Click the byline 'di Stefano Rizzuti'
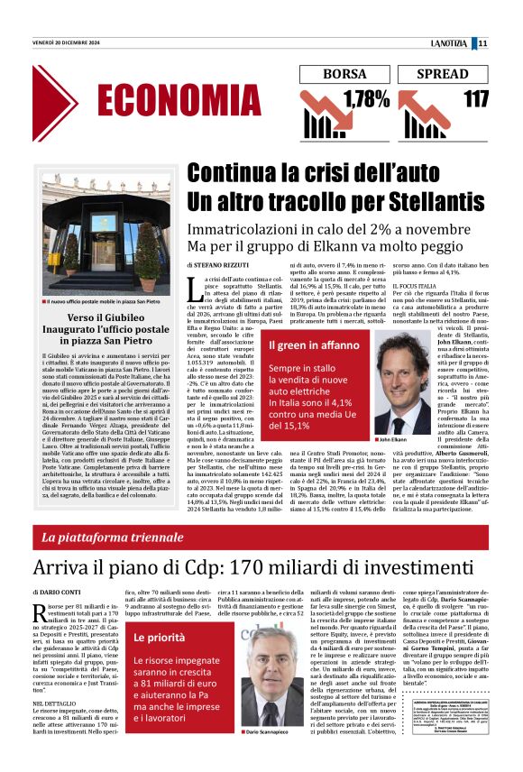coord(219,266)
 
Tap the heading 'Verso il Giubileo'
coord(94,320)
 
